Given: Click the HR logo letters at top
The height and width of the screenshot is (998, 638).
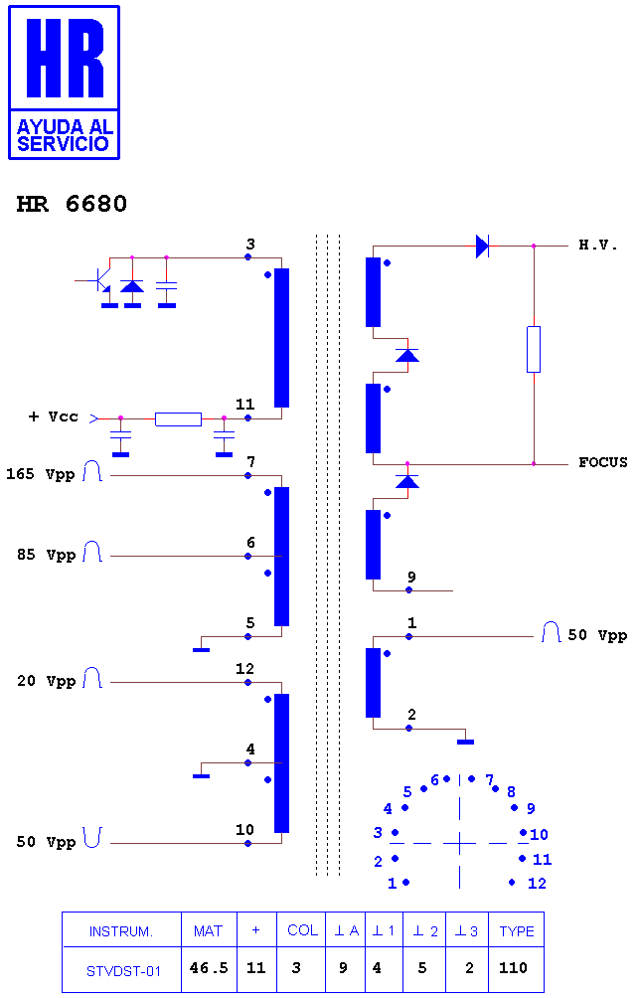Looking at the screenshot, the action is coord(65,58).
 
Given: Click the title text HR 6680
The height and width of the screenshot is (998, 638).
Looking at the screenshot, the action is coord(72,204).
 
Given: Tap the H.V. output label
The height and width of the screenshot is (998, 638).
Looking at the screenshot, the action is coord(597,246).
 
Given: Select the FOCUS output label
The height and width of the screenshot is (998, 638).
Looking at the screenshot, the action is coord(602,462).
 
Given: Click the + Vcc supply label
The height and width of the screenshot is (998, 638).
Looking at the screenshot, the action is coord(54,416).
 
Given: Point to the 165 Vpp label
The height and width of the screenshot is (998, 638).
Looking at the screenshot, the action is coord(40,474).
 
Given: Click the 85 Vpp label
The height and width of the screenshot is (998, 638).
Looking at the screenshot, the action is coord(46,555).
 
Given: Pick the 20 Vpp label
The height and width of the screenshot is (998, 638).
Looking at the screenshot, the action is coord(46,681).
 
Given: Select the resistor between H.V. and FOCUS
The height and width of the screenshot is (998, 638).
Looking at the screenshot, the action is coord(534,350).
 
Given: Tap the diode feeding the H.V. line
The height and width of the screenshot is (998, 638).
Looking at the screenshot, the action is coord(483,246).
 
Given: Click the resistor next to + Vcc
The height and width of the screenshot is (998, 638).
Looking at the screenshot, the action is coord(178,418).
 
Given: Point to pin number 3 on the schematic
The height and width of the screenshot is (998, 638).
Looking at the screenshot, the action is coord(250,244).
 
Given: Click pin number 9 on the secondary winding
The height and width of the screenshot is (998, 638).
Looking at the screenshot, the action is coord(411,577).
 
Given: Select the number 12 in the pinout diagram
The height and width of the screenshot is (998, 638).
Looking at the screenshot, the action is coord(537,883).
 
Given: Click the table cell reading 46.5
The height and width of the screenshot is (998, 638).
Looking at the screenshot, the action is coord(209,968).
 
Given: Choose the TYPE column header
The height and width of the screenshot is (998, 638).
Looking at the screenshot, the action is coord(517,931).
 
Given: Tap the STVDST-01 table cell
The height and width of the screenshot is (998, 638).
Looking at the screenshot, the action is coord(123,970).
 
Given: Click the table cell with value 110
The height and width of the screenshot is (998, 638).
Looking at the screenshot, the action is coord(513,968).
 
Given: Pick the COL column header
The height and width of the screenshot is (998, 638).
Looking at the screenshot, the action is coord(302,930).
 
